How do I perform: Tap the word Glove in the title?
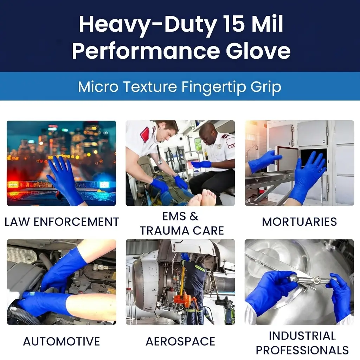tap(258, 51)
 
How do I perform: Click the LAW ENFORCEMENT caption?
tap(62, 222)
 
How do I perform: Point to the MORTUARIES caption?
tap(300, 222)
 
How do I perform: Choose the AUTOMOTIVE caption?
tap(62, 341)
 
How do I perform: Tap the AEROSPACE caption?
tap(180, 341)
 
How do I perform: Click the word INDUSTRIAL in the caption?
tap(302, 336)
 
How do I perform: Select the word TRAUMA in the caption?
tap(165, 231)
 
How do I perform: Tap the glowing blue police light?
tap(104, 184)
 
